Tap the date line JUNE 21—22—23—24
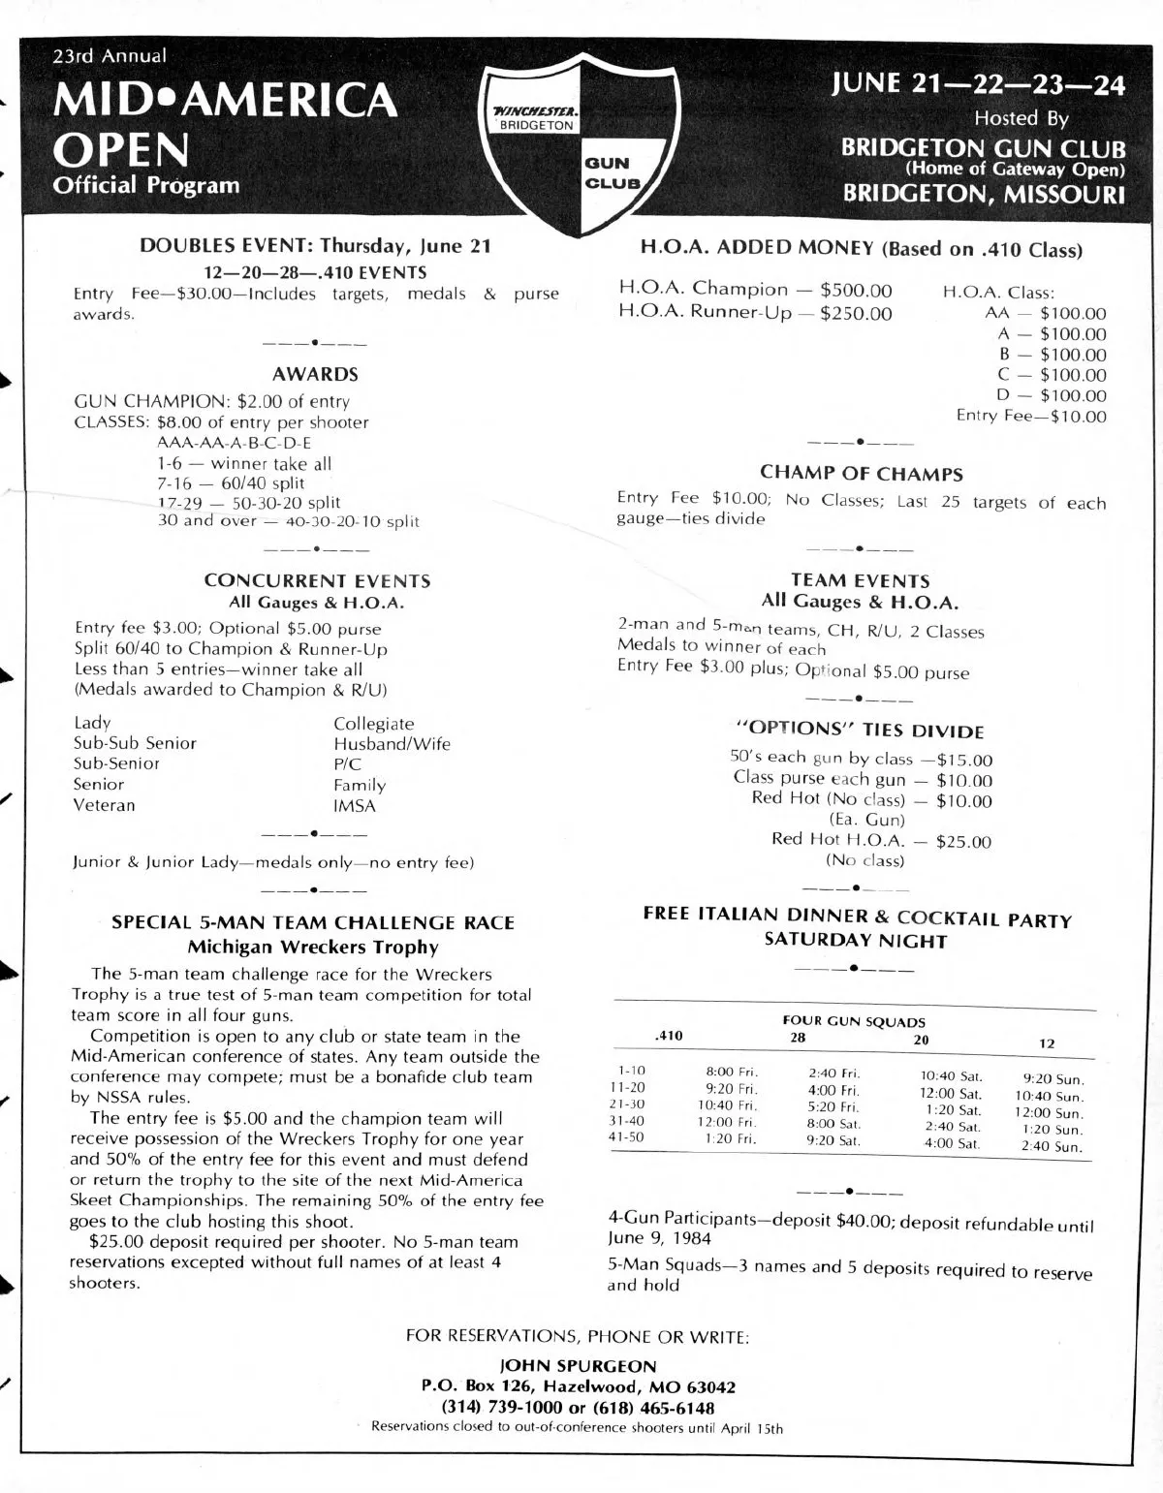click(x=978, y=85)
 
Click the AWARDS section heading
click(x=315, y=374)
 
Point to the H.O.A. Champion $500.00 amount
click(x=856, y=290)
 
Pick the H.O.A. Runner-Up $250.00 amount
click(x=856, y=313)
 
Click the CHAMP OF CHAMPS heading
click(x=861, y=474)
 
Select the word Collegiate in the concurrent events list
click(x=373, y=724)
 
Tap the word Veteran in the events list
click(x=105, y=805)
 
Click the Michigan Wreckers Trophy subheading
click(x=312, y=948)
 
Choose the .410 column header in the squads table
click(x=669, y=1036)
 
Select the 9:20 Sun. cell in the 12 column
click(x=1053, y=1078)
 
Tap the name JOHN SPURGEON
click(x=578, y=1366)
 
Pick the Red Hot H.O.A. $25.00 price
click(x=963, y=842)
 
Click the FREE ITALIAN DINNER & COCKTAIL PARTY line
click(x=858, y=918)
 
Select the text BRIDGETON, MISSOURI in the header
click(x=984, y=194)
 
